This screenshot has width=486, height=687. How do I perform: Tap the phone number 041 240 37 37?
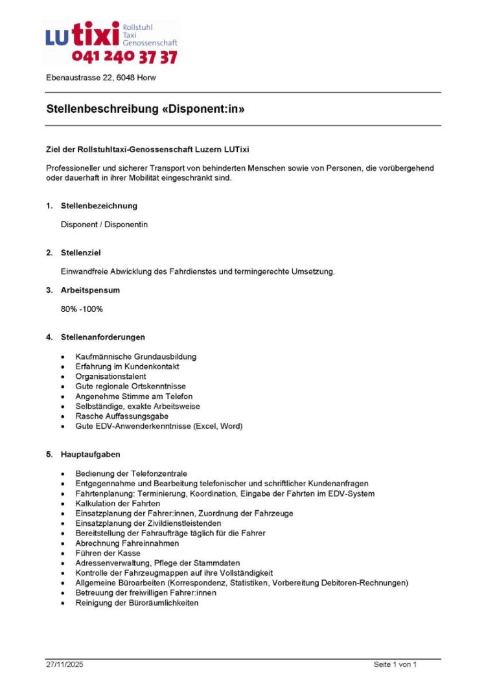pos(124,58)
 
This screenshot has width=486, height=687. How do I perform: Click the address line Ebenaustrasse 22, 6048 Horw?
pos(100,78)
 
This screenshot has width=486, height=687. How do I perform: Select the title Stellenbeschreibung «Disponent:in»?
pos(145,109)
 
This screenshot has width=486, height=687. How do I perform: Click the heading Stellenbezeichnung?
pos(98,206)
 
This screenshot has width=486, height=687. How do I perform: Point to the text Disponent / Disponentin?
pos(104,224)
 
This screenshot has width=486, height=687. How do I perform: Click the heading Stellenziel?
pos(80,253)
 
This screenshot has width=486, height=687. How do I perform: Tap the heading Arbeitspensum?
pos(90,290)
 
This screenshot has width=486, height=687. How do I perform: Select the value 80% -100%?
pos(82,309)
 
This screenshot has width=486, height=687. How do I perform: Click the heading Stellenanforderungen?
pos(102,337)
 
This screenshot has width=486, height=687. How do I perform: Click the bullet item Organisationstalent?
pos(110,376)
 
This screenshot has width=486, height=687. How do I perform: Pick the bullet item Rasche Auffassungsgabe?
pos(122,416)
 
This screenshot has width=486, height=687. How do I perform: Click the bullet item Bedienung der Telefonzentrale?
pos(131,474)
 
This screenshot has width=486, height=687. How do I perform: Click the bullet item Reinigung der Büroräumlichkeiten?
pos(137,603)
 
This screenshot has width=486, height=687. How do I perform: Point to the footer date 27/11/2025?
pos(64,664)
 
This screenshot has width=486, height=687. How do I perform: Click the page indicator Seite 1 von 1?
pos(395,664)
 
